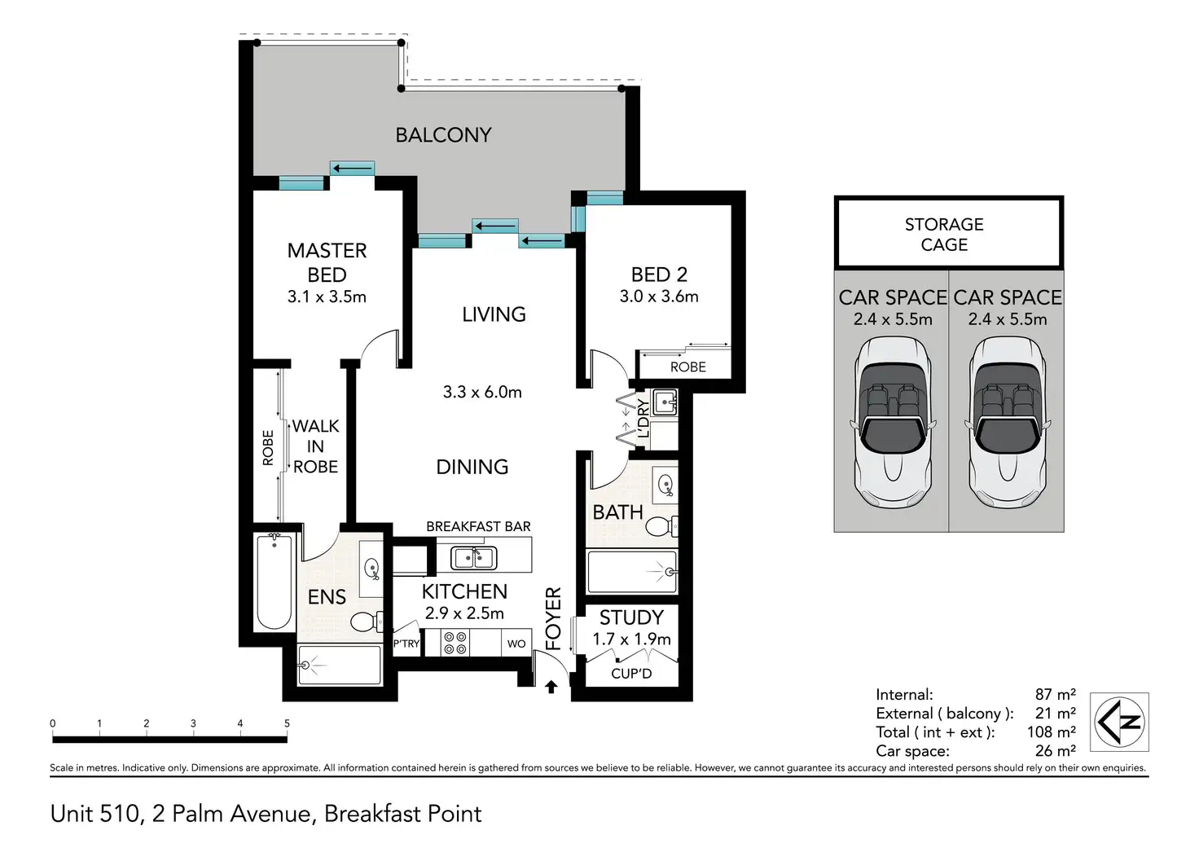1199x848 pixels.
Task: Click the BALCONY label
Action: click(443, 135)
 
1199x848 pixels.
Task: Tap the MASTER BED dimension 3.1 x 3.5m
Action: click(327, 297)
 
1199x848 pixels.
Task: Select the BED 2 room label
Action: click(659, 275)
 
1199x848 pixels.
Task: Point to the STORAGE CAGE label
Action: click(944, 234)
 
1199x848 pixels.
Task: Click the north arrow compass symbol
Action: click(1119, 721)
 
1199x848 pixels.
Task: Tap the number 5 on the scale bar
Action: click(287, 723)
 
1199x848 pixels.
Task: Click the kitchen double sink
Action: click(474, 558)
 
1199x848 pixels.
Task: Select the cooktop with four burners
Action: click(455, 643)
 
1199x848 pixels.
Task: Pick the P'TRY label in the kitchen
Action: click(406, 644)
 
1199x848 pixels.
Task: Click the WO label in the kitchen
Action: click(516, 644)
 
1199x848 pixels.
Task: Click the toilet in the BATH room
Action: click(662, 526)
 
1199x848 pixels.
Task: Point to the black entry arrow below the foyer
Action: click(551, 687)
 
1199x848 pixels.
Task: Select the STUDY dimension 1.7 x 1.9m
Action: click(631, 639)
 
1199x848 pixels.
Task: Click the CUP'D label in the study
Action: click(631, 674)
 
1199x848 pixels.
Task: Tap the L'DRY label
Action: click(643, 419)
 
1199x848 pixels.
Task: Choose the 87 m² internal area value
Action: click(1055, 694)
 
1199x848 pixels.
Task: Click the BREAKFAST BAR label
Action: click(478, 527)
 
